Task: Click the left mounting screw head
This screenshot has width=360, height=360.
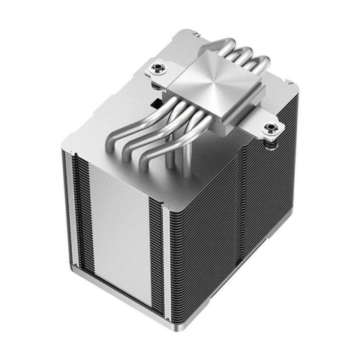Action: pyautogui.click(x=158, y=70)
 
